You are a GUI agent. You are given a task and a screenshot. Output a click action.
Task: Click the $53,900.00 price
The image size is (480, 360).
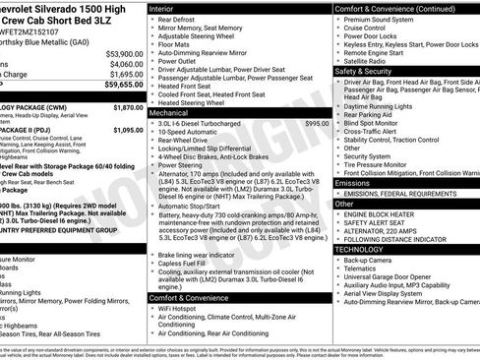click(x=124, y=53)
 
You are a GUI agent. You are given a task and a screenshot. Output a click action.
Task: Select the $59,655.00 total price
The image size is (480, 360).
click(x=124, y=85)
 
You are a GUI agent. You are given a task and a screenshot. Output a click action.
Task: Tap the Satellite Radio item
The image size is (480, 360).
click(x=375, y=60)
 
